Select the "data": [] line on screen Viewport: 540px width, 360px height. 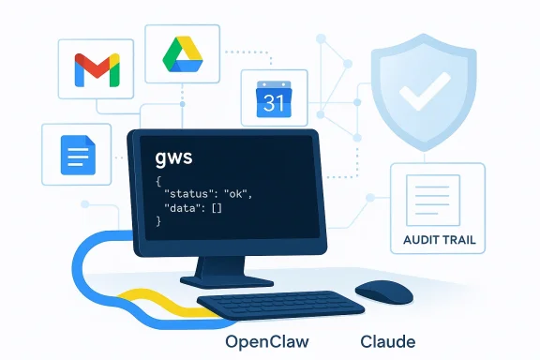coord(194,206)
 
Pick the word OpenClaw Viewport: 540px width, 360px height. coord(267,341)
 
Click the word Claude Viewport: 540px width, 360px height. coord(387,341)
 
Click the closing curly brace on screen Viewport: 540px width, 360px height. coord(159,222)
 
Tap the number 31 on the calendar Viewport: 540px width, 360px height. coord(273,103)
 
